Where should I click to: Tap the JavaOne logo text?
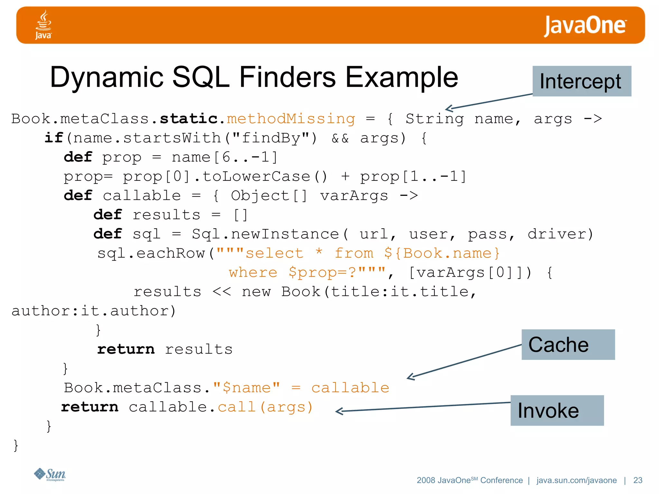(x=585, y=26)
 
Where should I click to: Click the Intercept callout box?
(x=581, y=81)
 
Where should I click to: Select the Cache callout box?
(x=568, y=344)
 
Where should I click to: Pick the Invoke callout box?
(x=557, y=410)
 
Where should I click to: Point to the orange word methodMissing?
(x=291, y=119)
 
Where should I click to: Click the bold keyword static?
(x=189, y=119)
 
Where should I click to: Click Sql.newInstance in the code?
(x=265, y=234)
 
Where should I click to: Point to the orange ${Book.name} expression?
(x=442, y=253)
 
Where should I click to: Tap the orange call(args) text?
(x=265, y=407)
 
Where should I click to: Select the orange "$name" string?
(x=246, y=388)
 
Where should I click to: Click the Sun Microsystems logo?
(x=50, y=474)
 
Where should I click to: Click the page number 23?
(x=637, y=480)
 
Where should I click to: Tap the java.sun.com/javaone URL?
(x=576, y=480)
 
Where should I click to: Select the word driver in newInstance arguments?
(x=560, y=234)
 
